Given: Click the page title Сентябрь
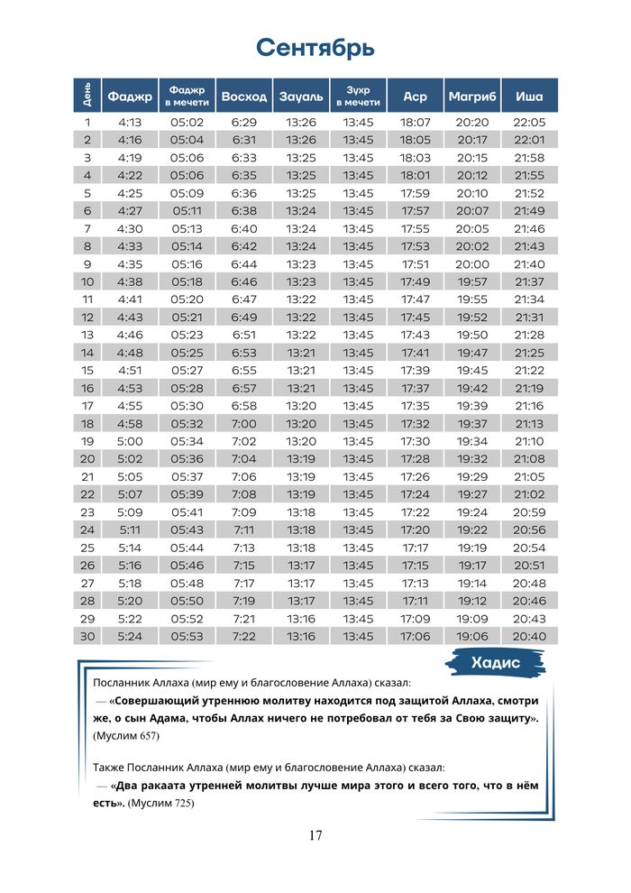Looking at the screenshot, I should pyautogui.click(x=315, y=47).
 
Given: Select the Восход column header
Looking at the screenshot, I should pyautogui.click(x=243, y=96).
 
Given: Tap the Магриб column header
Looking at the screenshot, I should pyautogui.click(x=472, y=96).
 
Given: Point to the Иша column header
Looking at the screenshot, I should pyautogui.click(x=529, y=96).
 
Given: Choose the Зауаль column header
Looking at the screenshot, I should pyautogui.click(x=301, y=96).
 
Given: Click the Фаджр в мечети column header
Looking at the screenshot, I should pyautogui.click(x=187, y=96).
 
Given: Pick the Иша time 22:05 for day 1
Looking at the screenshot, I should pyautogui.click(x=529, y=122).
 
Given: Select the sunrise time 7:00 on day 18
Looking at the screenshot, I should pyautogui.click(x=243, y=424).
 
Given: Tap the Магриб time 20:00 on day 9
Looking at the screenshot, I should pyautogui.click(x=472, y=264).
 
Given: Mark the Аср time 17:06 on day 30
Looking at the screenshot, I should pyautogui.click(x=416, y=637).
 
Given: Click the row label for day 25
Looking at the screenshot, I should pyautogui.click(x=87, y=548).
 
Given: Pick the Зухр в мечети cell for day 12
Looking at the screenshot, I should pyautogui.click(x=358, y=318).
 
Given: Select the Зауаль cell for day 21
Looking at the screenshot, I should pyautogui.click(x=301, y=477).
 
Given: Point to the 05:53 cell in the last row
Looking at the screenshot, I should pyautogui.click(x=187, y=637).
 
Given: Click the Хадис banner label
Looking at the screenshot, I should pyautogui.click(x=496, y=663).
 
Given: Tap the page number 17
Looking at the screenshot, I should pyautogui.click(x=315, y=835).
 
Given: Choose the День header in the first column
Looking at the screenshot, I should pyautogui.click(x=87, y=96).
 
